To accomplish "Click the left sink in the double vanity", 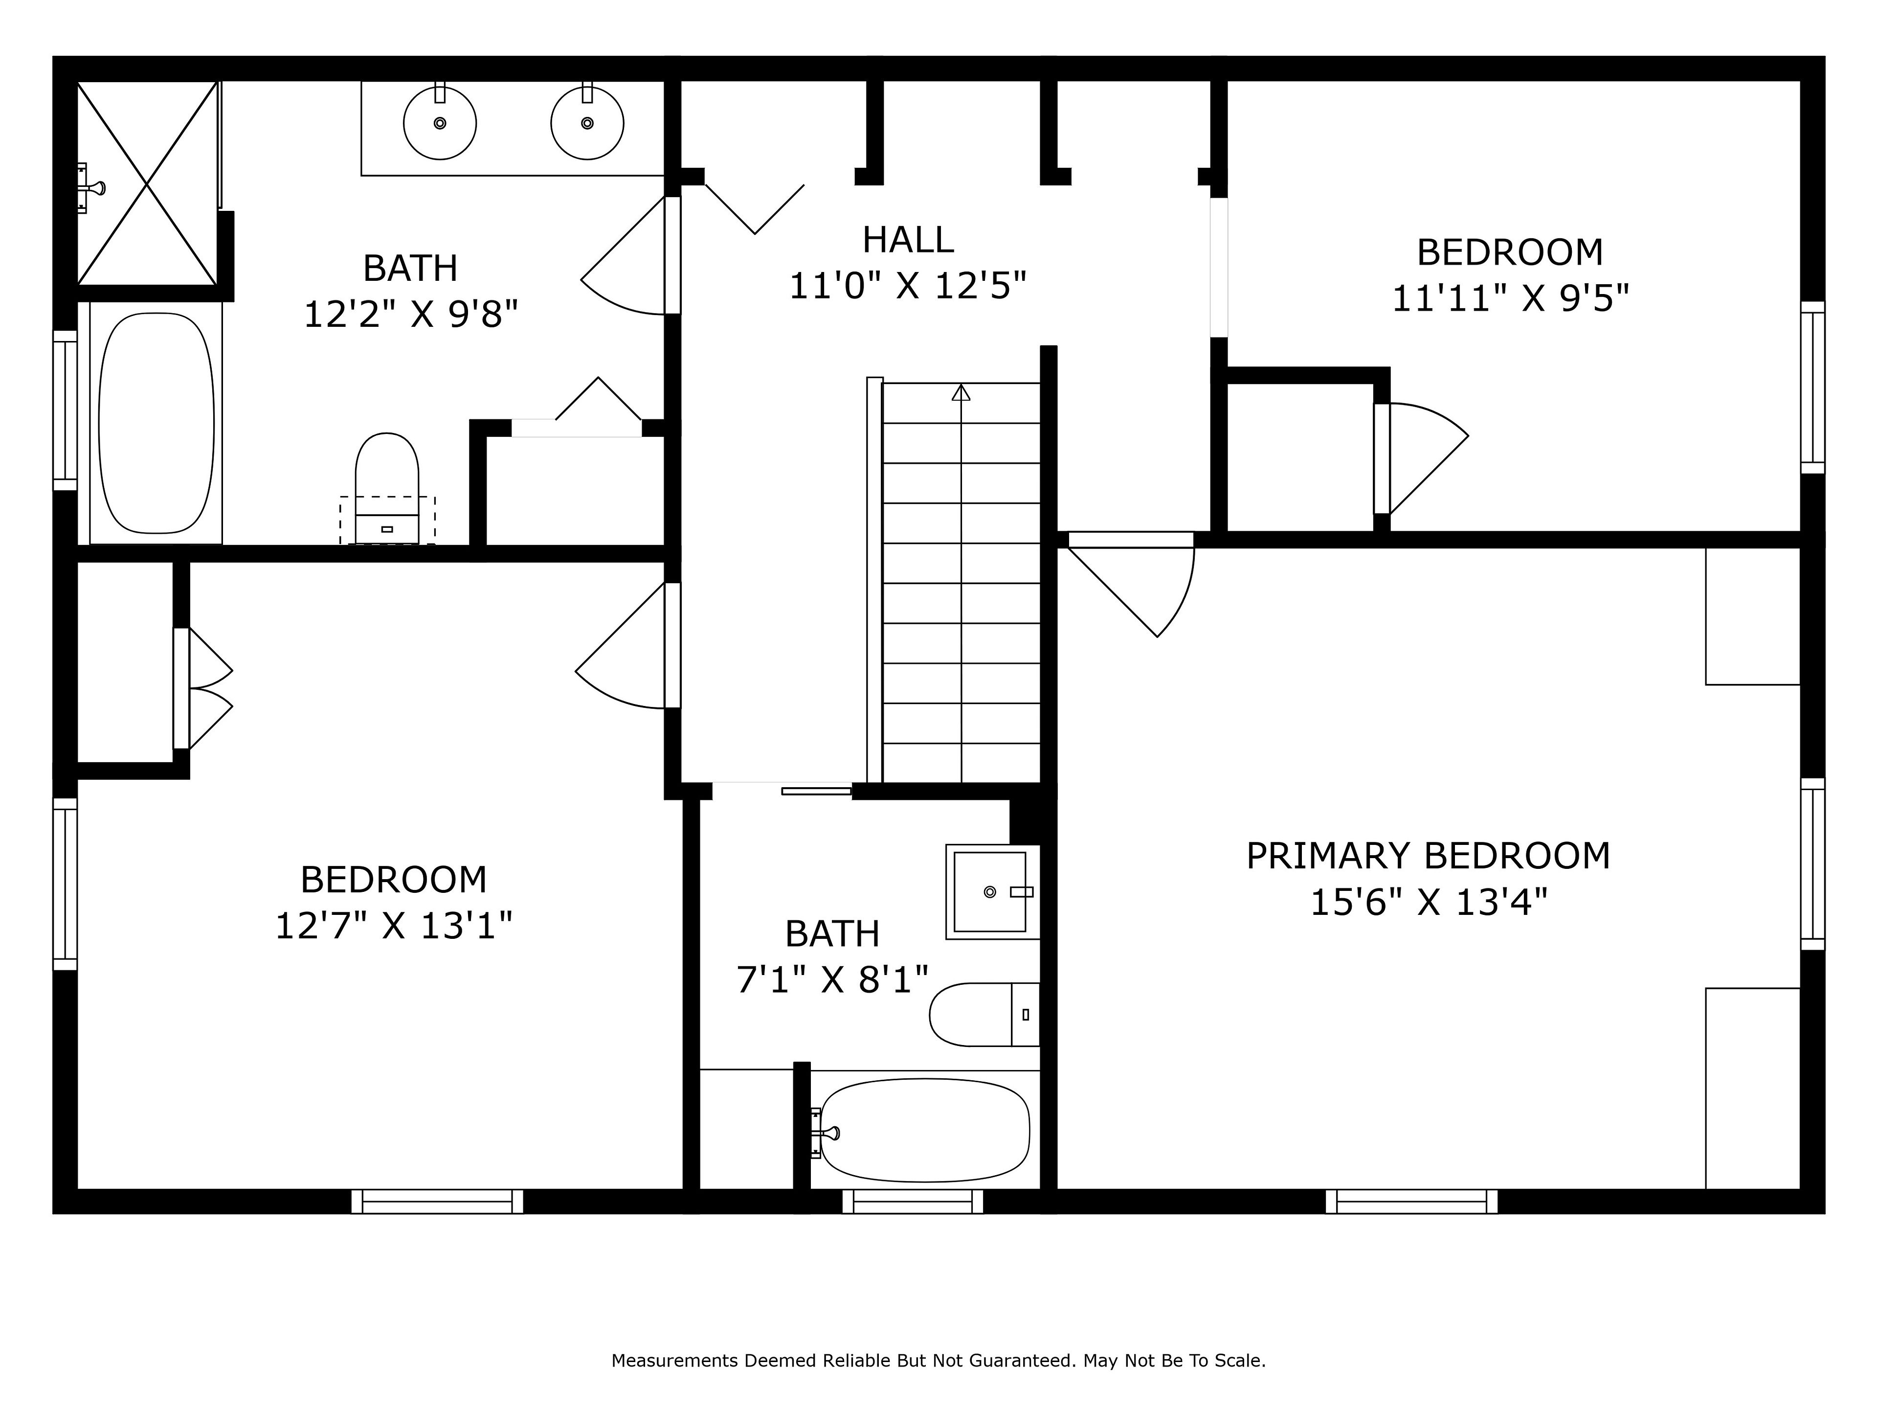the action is pos(440,123).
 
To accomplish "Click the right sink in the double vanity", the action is pos(587,123).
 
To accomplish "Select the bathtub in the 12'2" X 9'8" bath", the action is pos(156,423).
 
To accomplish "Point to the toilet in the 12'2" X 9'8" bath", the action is pos(387,488).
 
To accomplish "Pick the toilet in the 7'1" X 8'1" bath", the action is pos(985,1015).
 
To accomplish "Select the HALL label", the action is pos(908,240).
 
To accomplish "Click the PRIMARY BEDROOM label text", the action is pos(1428,856).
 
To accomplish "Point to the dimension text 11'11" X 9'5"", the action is pos(1510,298).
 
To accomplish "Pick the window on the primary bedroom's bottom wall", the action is pos(1412,1201).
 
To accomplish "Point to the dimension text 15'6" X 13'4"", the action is pos(1429,902).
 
